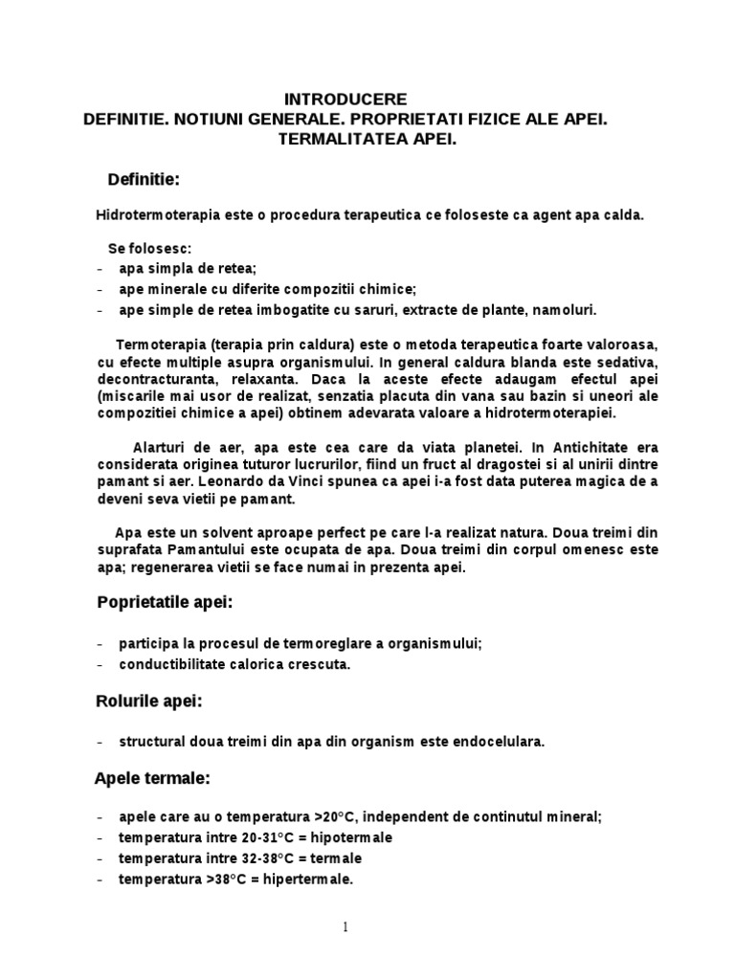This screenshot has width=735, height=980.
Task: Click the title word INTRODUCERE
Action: pos(345,100)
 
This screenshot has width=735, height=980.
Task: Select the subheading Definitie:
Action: pos(144,180)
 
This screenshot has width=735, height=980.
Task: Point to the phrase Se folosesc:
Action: pos(149,250)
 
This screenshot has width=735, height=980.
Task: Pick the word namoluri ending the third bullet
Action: pos(563,309)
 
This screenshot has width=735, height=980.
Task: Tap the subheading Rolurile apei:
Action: pos(148,702)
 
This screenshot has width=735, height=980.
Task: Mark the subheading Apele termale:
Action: pos(151,779)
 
